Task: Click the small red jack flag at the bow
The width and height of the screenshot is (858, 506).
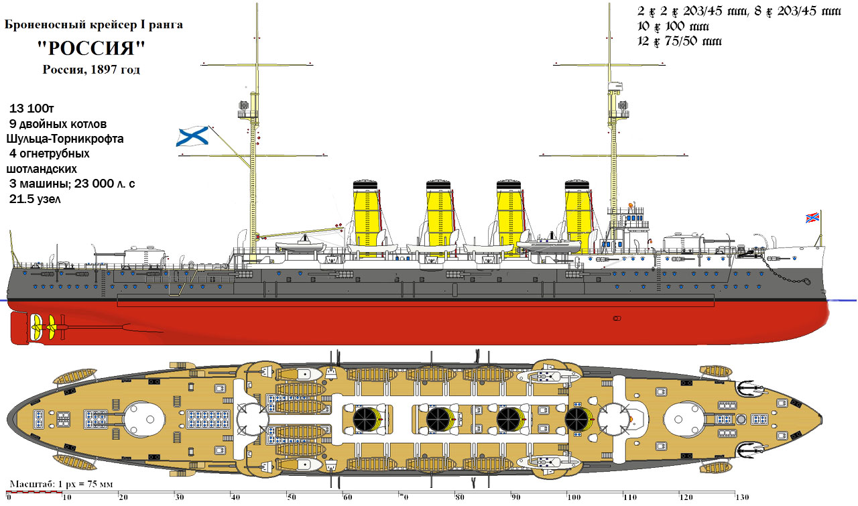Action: [813, 218]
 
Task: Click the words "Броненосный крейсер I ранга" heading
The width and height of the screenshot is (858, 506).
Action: [93, 25]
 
